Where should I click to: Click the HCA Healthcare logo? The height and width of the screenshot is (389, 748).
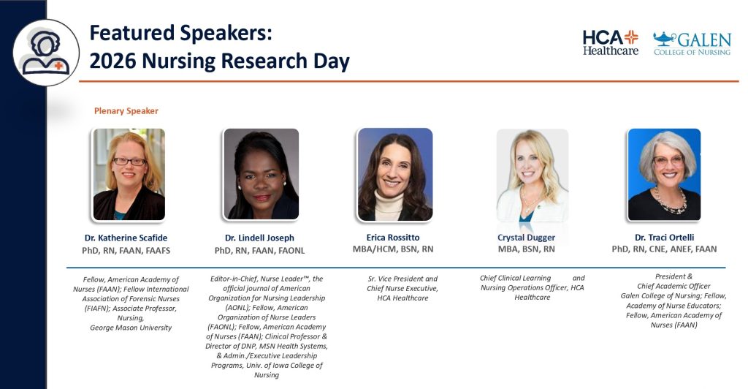(x=611, y=42)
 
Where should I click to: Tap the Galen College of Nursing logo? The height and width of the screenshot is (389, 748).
(x=692, y=43)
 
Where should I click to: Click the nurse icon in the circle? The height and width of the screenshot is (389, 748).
(x=46, y=53)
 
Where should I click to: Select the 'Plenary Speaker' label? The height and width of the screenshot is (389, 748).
(x=126, y=110)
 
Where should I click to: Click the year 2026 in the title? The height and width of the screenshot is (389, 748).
(x=112, y=61)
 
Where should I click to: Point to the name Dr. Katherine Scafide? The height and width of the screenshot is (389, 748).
(x=126, y=238)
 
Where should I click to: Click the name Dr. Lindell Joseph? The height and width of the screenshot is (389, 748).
(x=259, y=238)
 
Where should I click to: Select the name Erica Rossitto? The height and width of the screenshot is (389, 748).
(x=393, y=237)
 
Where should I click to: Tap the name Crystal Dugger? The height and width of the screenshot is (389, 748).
(x=526, y=238)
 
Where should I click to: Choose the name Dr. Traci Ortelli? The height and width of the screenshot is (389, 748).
(x=665, y=237)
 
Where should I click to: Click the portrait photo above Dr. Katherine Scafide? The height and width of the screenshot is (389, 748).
(x=129, y=175)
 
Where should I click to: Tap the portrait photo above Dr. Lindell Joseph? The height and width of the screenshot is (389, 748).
(x=262, y=174)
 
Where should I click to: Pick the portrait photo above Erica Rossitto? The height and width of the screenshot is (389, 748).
(x=395, y=175)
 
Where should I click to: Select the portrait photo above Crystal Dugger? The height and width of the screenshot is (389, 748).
(x=533, y=175)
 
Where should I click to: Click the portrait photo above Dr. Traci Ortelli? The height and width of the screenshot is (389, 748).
(x=665, y=175)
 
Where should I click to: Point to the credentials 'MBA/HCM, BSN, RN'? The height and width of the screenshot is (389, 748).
(x=393, y=249)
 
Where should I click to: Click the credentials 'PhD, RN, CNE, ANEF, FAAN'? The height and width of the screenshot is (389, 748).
(x=665, y=249)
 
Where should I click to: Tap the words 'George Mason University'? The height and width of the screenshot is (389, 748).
(x=131, y=328)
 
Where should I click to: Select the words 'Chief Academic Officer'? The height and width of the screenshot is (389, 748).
(x=673, y=286)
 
